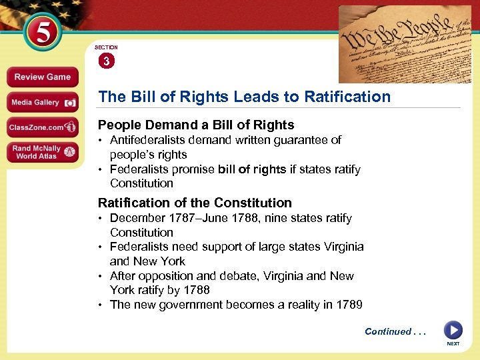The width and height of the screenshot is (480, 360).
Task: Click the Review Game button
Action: click(x=43, y=77)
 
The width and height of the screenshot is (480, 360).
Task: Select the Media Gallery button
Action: click(x=43, y=102)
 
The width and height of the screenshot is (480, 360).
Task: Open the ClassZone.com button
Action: click(x=43, y=127)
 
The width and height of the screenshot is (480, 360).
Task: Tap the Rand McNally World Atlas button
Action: click(x=43, y=152)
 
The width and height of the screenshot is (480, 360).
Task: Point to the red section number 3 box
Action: click(x=106, y=61)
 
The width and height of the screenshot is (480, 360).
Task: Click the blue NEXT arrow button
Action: click(x=453, y=329)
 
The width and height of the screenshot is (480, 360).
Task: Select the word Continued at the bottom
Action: click(x=387, y=331)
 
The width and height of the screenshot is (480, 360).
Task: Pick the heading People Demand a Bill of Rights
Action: click(x=196, y=125)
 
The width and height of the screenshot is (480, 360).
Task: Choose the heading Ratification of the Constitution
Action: click(x=195, y=203)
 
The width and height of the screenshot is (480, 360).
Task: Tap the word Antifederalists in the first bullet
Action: click(x=151, y=140)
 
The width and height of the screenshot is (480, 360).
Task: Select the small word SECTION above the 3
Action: click(x=106, y=47)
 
